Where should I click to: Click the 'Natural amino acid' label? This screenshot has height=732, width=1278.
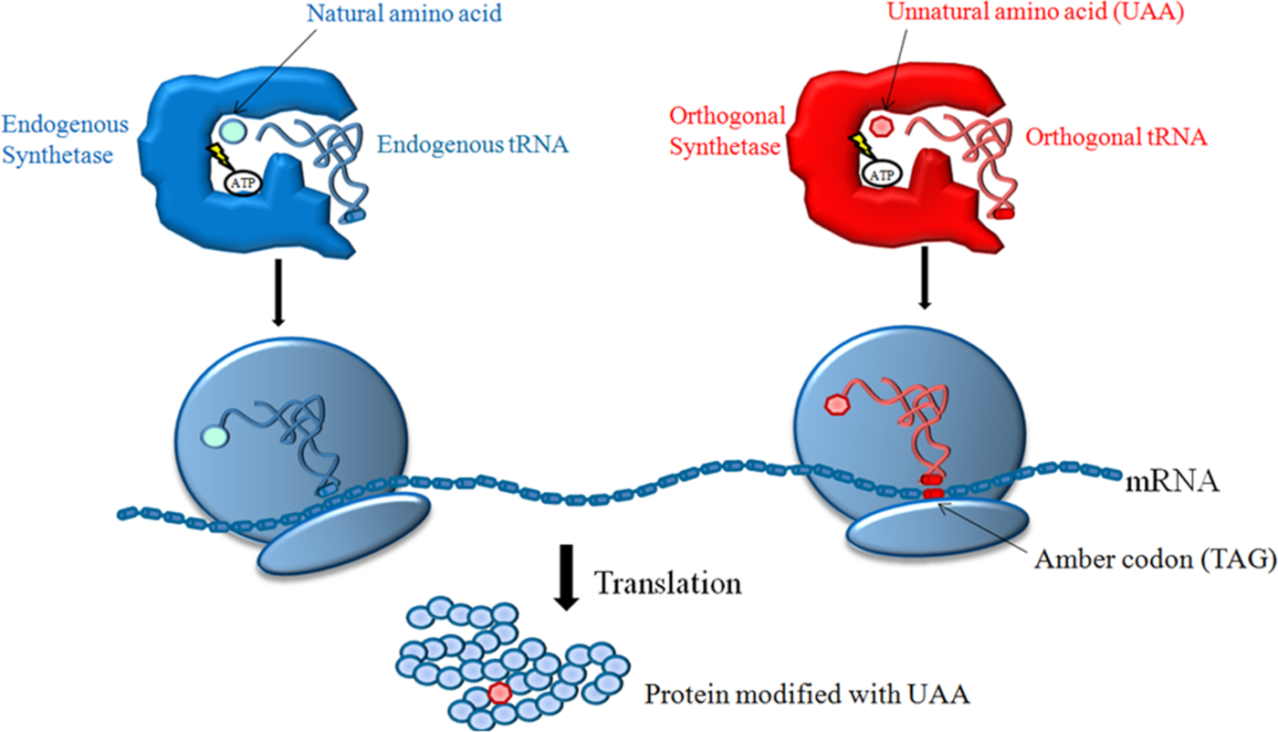pyautogui.click(x=404, y=13)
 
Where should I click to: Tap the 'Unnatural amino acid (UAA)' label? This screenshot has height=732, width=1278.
pyautogui.click(x=1035, y=12)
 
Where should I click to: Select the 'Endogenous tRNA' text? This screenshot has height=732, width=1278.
pyautogui.click(x=473, y=144)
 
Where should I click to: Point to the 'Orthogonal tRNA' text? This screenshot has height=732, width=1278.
pyautogui.click(x=1116, y=137)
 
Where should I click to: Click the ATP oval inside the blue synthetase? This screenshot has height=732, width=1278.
pyautogui.click(x=243, y=183)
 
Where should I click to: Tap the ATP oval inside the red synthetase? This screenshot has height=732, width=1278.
pyautogui.click(x=882, y=174)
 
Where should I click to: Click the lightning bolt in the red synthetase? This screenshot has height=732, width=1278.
pyautogui.click(x=860, y=146)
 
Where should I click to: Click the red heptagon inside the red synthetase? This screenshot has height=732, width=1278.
pyautogui.click(x=883, y=126)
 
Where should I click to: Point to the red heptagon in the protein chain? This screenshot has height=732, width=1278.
pyautogui.click(x=500, y=693)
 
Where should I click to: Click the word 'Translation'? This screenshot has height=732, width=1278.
pyautogui.click(x=668, y=583)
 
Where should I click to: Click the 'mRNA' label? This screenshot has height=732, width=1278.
pyautogui.click(x=1173, y=482)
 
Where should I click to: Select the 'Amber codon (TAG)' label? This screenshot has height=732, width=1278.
pyautogui.click(x=1156, y=559)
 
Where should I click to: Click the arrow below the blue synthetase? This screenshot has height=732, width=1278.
pyautogui.click(x=278, y=293)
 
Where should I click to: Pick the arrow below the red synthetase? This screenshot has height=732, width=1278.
pyautogui.click(x=925, y=277)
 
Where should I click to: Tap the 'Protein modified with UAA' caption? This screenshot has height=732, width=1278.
pyautogui.click(x=807, y=695)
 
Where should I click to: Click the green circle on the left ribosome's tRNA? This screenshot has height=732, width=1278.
pyautogui.click(x=215, y=437)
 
